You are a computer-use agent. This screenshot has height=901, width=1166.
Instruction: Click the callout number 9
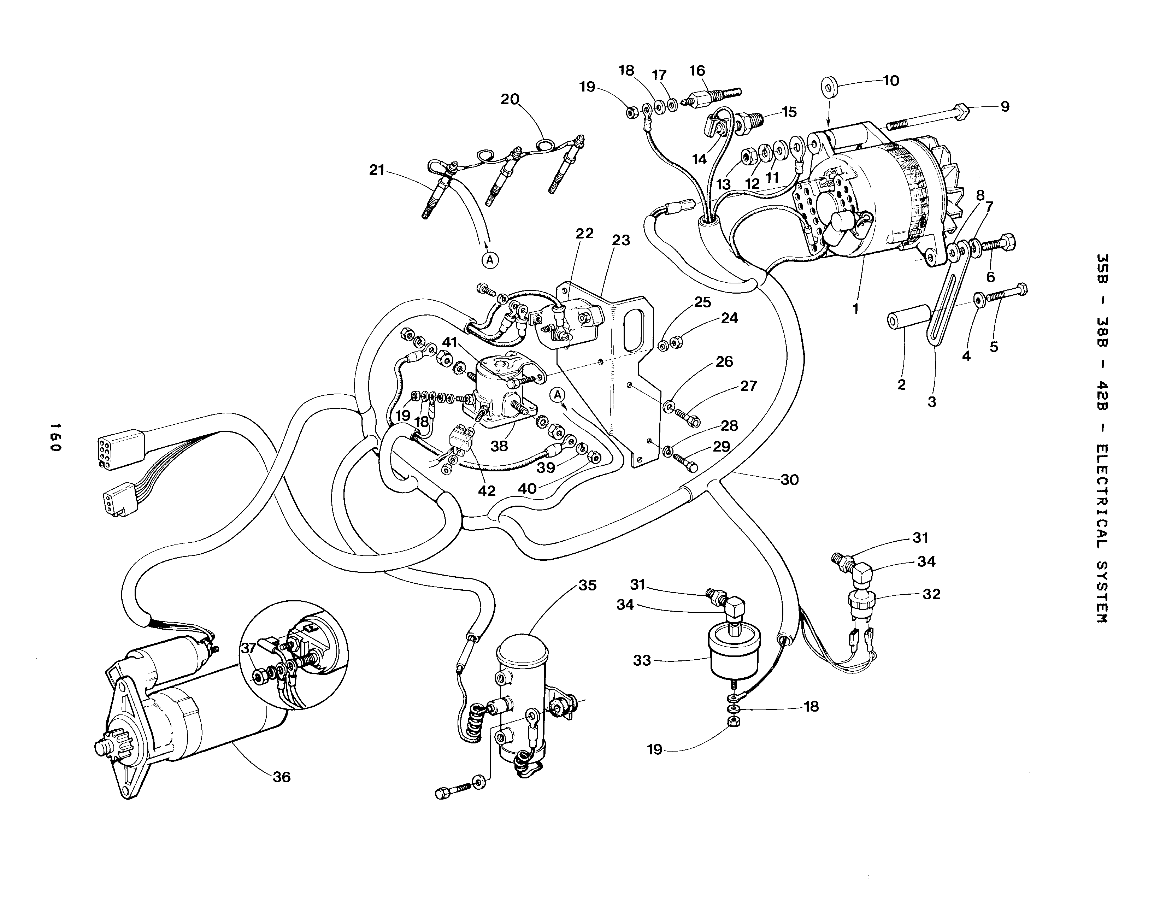point(1005,106)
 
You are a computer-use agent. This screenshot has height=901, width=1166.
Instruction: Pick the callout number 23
point(621,240)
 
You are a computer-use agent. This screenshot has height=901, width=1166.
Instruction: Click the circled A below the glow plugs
point(490,260)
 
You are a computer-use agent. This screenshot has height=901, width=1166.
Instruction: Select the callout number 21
point(377,170)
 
